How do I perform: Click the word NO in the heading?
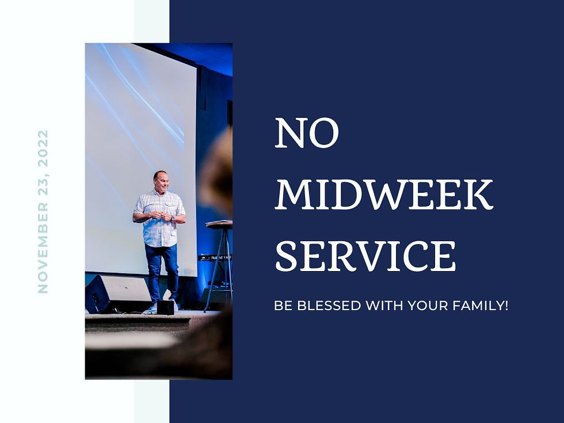(x=307, y=134)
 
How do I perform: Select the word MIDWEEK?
(x=384, y=195)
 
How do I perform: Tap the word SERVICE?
(x=365, y=256)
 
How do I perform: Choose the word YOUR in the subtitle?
(x=428, y=306)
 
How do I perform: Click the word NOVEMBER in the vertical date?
(x=43, y=246)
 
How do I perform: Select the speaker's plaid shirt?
(x=159, y=219)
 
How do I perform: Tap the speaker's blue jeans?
(x=162, y=270)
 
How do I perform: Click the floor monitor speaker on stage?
(x=118, y=294)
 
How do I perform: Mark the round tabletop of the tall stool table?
(x=219, y=224)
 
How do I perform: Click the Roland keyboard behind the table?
(x=214, y=257)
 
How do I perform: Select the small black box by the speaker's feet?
(x=166, y=307)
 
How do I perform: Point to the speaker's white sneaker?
(x=150, y=308)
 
